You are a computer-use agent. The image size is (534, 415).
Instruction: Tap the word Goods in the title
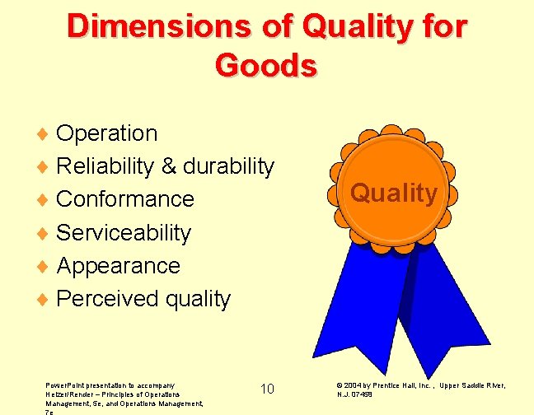265,64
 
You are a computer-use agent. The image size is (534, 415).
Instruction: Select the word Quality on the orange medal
394,194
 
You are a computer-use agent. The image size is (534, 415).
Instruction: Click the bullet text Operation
106,133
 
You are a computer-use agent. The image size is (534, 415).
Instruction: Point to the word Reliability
105,166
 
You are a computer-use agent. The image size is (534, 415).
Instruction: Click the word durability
228,166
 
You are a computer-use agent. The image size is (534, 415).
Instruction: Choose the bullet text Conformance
125,199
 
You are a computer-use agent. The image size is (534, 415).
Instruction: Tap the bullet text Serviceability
124,233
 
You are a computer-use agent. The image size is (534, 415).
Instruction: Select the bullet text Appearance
118,266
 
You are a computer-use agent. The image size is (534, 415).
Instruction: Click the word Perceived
108,299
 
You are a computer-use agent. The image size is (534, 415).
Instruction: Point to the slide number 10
267,389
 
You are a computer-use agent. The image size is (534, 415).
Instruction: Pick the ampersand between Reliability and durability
168,166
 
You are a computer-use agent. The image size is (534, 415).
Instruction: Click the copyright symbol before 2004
340,385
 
